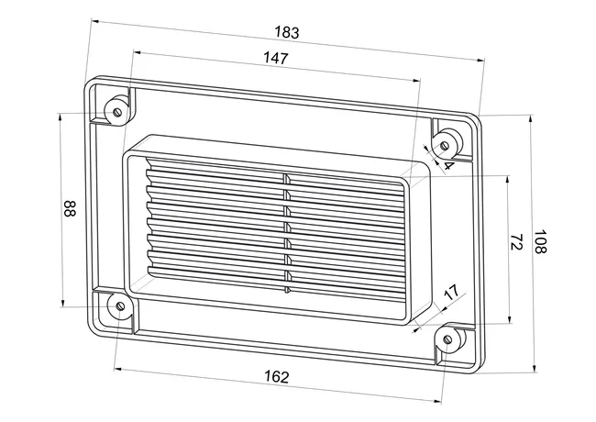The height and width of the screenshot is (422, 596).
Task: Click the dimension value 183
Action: [x=287, y=32]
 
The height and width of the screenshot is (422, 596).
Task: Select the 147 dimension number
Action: [x=276, y=58]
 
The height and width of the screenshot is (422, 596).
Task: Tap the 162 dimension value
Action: [x=277, y=377]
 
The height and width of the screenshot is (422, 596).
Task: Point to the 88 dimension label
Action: [x=70, y=209]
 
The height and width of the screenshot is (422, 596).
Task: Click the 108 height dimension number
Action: [x=540, y=241]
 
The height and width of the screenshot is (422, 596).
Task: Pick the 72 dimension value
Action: [x=516, y=242]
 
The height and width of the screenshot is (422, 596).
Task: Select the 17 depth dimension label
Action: [x=451, y=293]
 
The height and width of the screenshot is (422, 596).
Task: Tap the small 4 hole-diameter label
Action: [x=448, y=166]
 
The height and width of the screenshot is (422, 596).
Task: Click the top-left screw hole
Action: [x=117, y=112]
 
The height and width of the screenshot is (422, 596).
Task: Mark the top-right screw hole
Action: [x=445, y=145]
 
